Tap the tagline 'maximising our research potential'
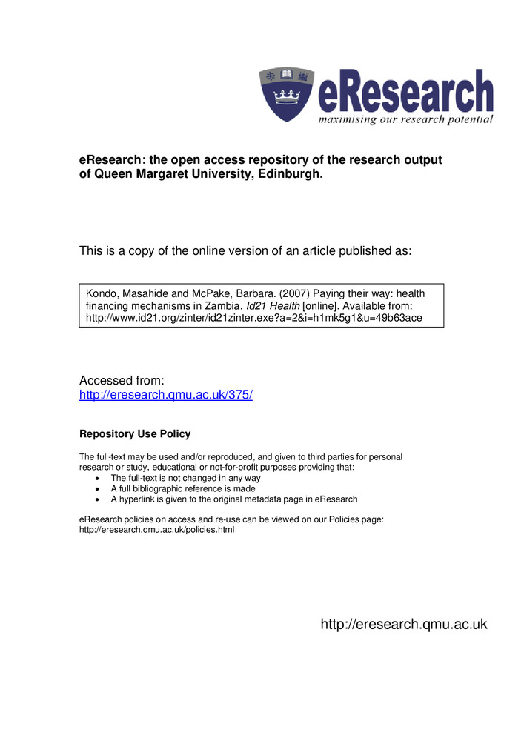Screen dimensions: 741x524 405,119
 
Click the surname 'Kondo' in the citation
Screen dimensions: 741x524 102,293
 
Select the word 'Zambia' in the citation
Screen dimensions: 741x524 222,306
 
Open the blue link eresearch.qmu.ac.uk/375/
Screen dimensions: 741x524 166,395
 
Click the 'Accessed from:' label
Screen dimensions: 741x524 116,380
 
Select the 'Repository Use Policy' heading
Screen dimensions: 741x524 135,434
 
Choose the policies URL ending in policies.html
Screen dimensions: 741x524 156,531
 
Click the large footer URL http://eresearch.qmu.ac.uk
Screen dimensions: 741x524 404,625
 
